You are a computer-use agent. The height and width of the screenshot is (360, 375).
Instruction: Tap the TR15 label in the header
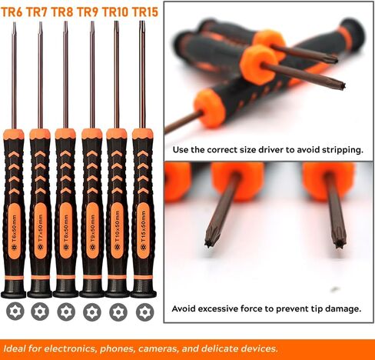click(144, 12)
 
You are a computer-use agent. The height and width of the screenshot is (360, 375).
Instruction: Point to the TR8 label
click(64, 12)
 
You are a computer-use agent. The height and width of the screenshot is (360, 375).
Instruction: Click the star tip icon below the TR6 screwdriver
click(15, 312)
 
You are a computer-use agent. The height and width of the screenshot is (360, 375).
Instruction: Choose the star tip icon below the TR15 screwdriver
click(144, 312)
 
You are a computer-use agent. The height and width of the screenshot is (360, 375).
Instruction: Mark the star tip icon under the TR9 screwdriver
click(92, 312)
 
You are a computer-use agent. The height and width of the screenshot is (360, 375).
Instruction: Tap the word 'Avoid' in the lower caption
click(185, 308)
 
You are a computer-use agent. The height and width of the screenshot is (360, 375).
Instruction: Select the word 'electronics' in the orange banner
click(69, 348)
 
